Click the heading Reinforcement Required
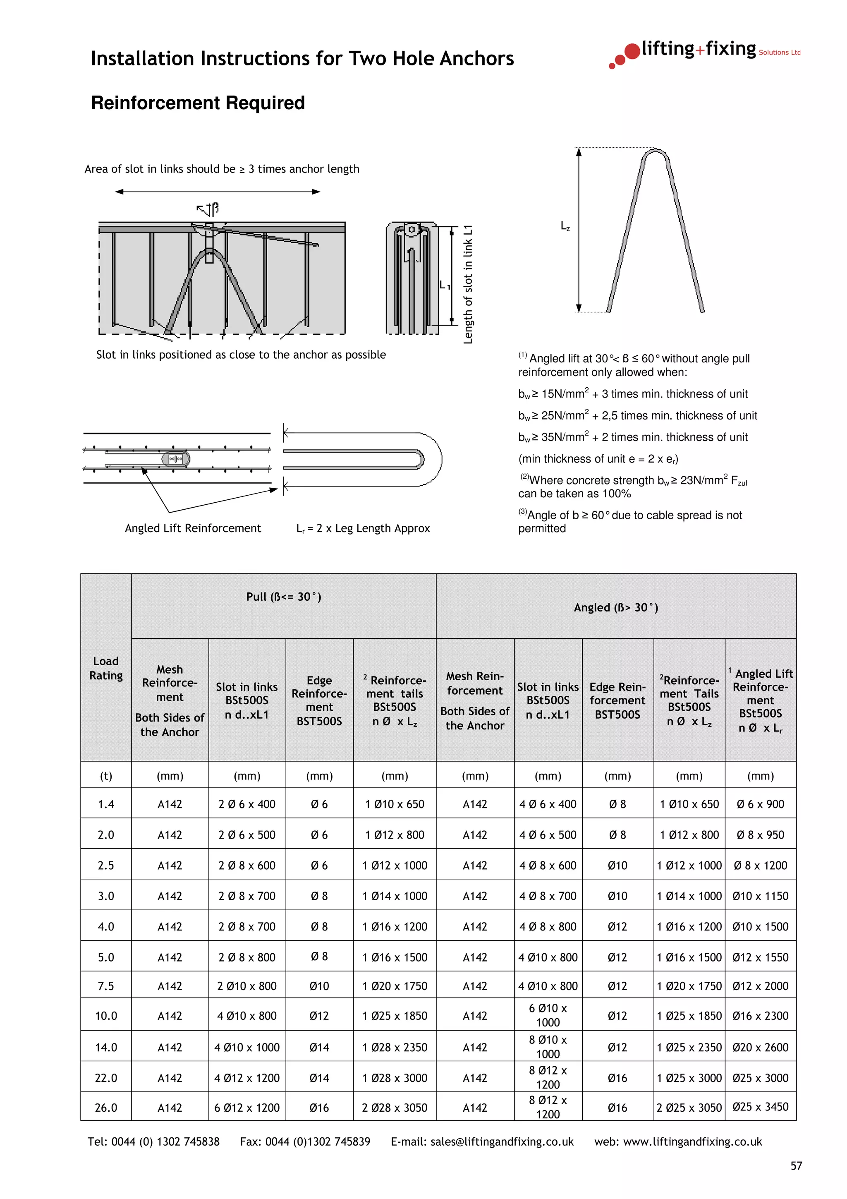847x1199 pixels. [198, 103]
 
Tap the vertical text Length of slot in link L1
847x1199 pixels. [468, 285]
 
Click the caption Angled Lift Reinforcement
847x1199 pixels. [193, 528]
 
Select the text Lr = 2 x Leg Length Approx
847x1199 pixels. [363, 528]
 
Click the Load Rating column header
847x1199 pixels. [106, 668]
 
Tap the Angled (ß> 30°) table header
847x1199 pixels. [616, 607]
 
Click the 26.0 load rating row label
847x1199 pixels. [106, 1108]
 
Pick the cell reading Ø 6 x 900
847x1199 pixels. [761, 804]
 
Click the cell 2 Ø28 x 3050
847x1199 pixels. [395, 1108]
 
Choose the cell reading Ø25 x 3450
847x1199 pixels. [761, 1107]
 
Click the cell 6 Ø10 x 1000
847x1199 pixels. [548, 1015]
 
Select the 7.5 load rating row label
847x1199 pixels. [106, 986]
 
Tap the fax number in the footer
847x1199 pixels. [305, 1141]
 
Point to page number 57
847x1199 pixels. [796, 1166]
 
